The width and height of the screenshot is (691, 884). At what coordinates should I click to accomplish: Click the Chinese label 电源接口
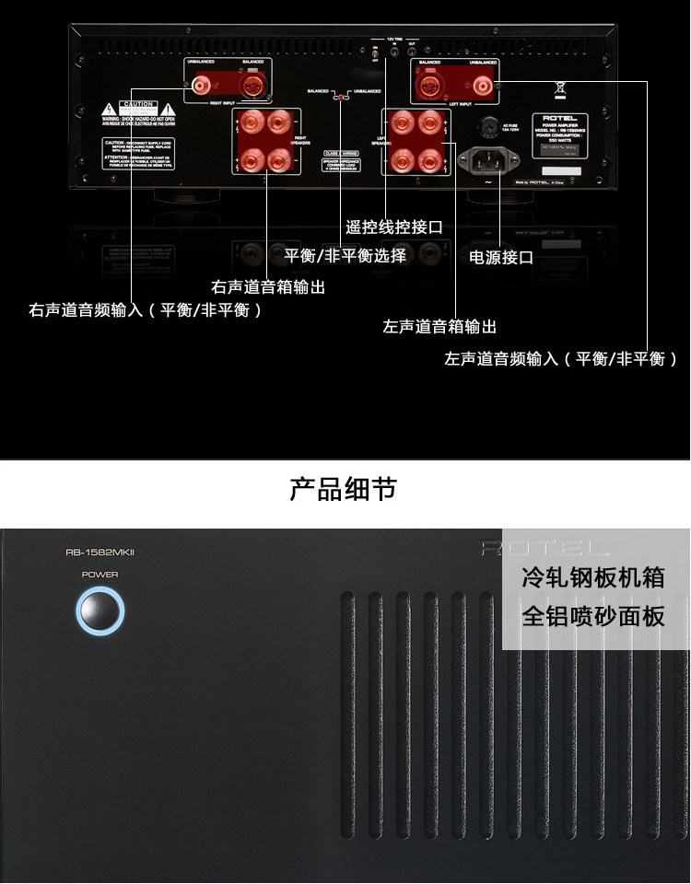pos(501,258)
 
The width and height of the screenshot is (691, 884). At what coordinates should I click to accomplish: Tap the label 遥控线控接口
pos(394,227)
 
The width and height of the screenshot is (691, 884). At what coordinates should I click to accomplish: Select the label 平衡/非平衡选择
pos(345,256)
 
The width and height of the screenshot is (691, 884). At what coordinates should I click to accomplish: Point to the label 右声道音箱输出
pos(268,287)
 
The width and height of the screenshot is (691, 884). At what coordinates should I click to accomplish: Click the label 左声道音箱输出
pos(439,327)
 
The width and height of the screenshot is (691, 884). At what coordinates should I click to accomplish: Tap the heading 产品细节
pos(344,489)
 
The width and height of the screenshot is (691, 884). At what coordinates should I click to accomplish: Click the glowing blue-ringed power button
pos(100,611)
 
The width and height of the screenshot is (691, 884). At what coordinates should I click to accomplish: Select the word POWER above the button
pos(100,575)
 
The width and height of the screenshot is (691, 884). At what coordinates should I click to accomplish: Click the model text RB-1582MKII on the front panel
pos(100,552)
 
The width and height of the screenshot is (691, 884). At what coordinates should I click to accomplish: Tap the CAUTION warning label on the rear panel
pos(136,111)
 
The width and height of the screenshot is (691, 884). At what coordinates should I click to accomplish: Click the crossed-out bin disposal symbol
pos(558,89)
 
